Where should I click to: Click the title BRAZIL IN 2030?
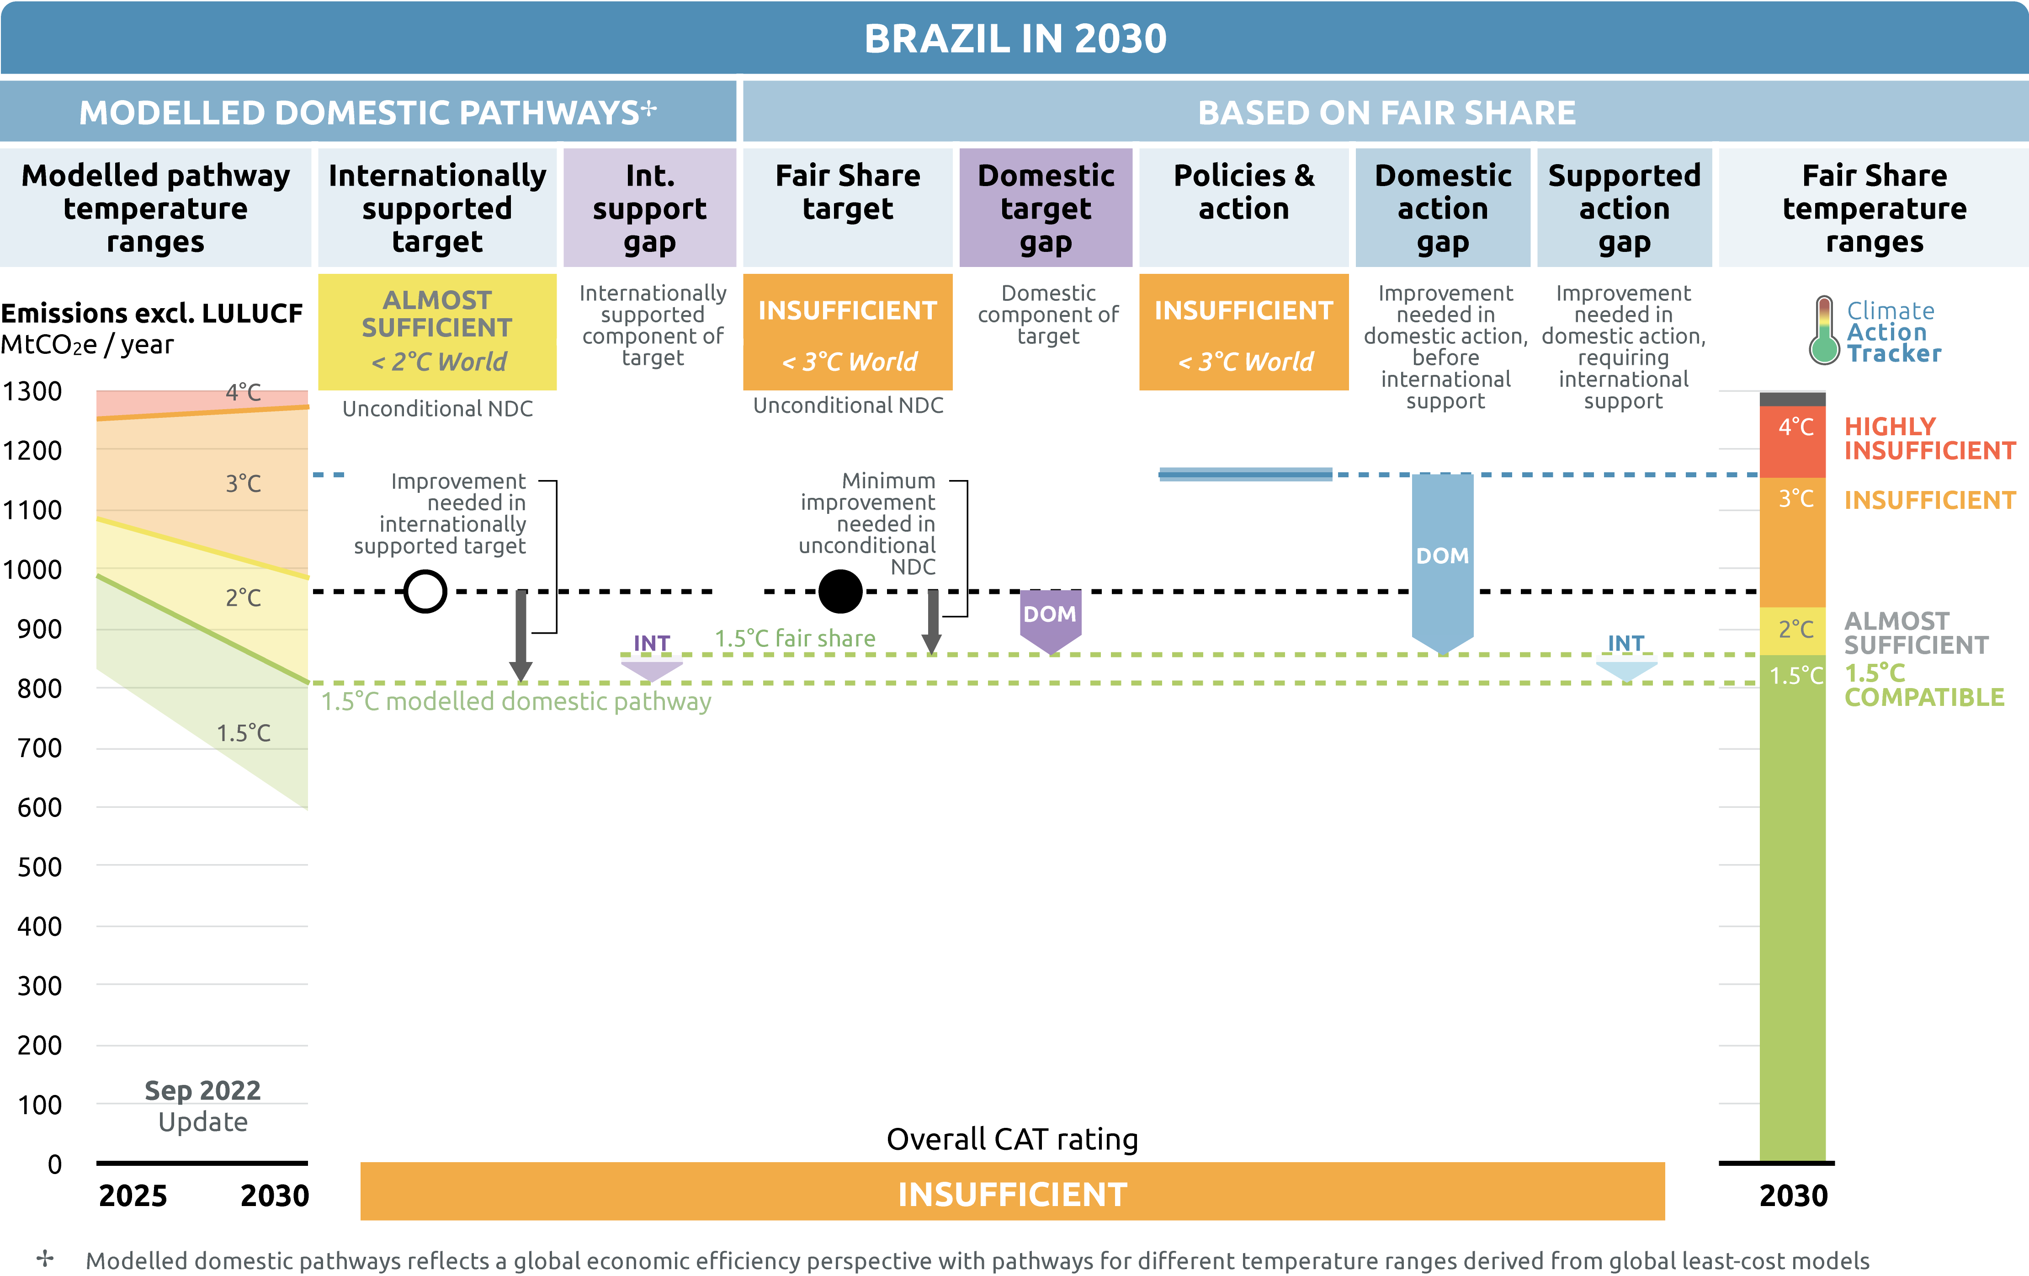(1015, 39)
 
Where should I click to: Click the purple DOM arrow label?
(1050, 614)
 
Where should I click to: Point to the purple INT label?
(651, 643)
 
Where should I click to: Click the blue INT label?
(1625, 643)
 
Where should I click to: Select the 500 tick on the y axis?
(40, 866)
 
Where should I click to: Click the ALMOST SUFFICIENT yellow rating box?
(437, 331)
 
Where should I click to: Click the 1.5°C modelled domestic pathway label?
(515, 701)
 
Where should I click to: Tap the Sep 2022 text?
(202, 1090)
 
